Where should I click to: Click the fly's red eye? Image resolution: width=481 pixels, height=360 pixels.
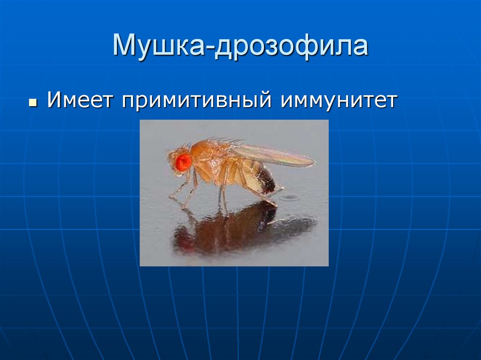point(183,162)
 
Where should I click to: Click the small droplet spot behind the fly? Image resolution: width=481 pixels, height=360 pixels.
point(289,198)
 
